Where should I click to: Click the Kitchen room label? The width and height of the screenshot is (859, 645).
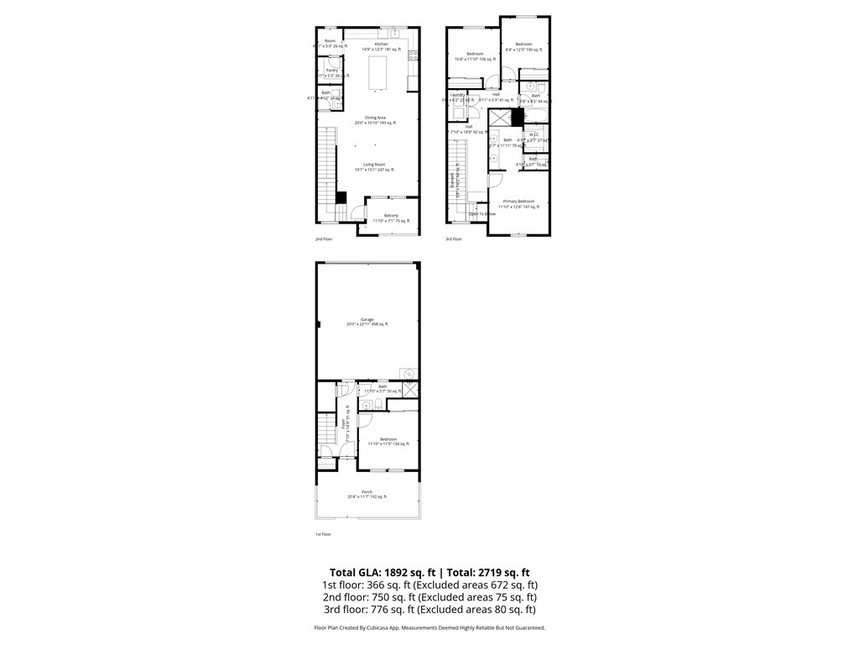(382, 44)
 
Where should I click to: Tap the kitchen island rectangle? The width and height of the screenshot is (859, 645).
(382, 74)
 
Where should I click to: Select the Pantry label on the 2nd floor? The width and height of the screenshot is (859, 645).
(332, 71)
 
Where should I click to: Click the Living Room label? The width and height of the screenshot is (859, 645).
(374, 165)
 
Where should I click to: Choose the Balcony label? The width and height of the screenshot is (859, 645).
(391, 216)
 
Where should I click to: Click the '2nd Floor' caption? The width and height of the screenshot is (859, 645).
(323, 239)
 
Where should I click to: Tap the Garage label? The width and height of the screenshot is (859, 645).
(367, 319)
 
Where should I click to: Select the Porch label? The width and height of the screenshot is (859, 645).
(367, 491)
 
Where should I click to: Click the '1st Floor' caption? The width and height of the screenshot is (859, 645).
(323, 534)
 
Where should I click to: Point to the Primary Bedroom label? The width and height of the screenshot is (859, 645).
(518, 202)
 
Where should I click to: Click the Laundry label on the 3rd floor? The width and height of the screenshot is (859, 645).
(457, 94)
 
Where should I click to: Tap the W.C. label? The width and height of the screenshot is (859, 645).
(534, 135)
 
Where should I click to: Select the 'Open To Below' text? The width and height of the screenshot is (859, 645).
(482, 214)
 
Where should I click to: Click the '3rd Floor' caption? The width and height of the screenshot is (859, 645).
(453, 239)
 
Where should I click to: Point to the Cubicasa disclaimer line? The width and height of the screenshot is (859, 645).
(429, 627)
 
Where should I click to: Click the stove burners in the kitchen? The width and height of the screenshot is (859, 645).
(413, 56)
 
